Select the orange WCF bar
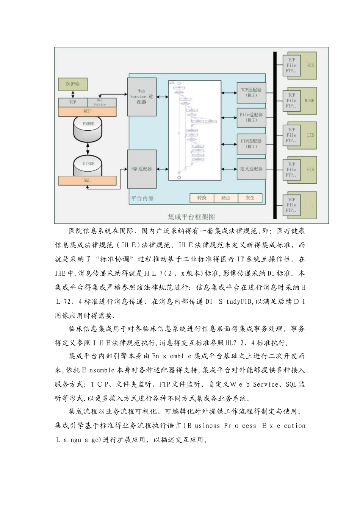[87, 112]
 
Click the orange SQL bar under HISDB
[87, 181]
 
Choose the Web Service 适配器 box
[142, 97]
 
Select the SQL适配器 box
[142, 169]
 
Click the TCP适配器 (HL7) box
[251, 93]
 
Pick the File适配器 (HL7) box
[251, 117]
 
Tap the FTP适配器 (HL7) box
[251, 144]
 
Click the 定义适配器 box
[251, 169]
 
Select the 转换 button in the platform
[202, 198]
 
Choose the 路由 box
[226, 198]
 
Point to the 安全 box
[250, 198]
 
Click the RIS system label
[311, 66]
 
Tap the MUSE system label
[310, 101]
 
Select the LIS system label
[311, 135]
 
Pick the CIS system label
[311, 169]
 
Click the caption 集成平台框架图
[191, 217]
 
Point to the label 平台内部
[142, 198]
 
